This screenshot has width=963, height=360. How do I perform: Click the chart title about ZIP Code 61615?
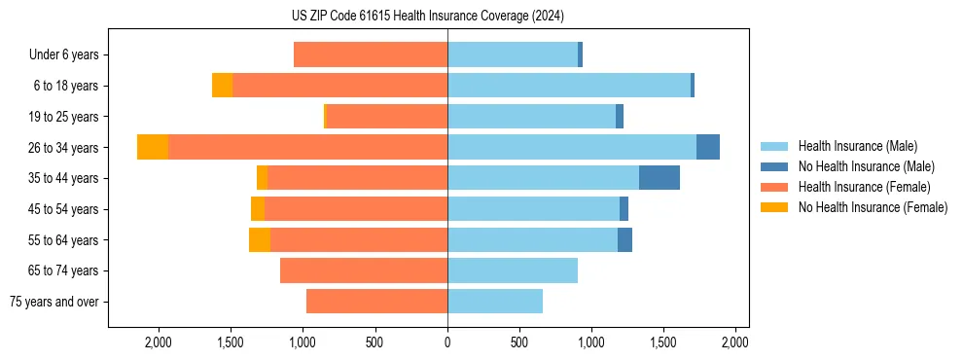pyautogui.click(x=427, y=16)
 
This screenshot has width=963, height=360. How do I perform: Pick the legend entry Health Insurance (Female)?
pyautogui.click(x=865, y=187)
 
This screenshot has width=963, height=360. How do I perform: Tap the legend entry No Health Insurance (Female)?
pyautogui.click(x=873, y=207)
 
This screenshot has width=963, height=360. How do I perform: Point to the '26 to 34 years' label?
pyautogui.click(x=65, y=148)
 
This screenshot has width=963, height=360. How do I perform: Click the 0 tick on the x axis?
pyautogui.click(x=447, y=342)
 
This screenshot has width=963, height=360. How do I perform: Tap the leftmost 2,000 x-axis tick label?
pyautogui.click(x=159, y=342)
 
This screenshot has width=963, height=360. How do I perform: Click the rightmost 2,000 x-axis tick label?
pyautogui.click(x=735, y=342)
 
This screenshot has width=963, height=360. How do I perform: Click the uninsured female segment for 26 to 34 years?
pyautogui.click(x=153, y=147)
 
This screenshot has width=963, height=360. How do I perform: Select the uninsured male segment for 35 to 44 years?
pyautogui.click(x=660, y=178)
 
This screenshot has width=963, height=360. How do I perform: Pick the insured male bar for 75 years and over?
pyautogui.click(x=495, y=302)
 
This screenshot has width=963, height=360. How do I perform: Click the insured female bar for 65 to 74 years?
pyautogui.click(x=364, y=270)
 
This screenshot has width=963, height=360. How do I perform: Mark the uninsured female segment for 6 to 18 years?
pyautogui.click(x=222, y=86)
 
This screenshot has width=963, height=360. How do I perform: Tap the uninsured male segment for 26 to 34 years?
pyautogui.click(x=708, y=147)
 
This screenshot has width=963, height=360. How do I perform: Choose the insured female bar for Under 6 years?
pyautogui.click(x=371, y=54)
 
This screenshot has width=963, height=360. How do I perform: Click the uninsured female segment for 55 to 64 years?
pyautogui.click(x=260, y=240)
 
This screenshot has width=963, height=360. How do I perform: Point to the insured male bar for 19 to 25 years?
pyautogui.click(x=531, y=117)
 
